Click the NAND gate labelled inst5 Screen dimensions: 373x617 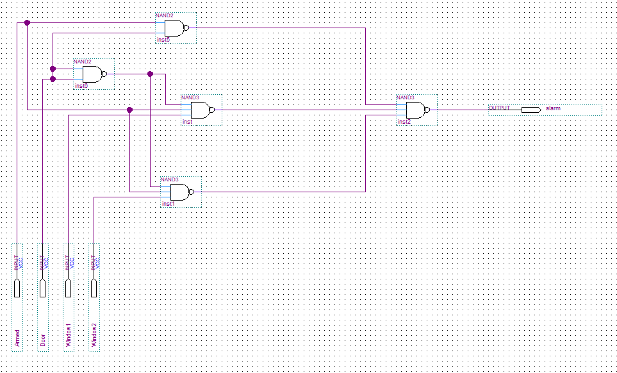(174, 28)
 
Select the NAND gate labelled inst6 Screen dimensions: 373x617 (92, 74)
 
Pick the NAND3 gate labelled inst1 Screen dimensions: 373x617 (180, 192)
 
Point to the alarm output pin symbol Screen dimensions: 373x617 (531, 110)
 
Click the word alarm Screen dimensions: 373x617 (553, 108)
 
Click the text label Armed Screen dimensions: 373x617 (17, 337)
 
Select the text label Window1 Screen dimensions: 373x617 (69, 335)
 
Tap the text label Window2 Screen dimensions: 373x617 (94, 335)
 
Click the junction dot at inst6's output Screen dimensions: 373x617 (150, 74)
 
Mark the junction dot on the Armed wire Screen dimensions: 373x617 (27, 22)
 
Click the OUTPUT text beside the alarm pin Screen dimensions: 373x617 (499, 108)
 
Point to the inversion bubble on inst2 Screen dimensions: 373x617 (427, 110)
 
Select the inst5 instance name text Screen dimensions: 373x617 (163, 40)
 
